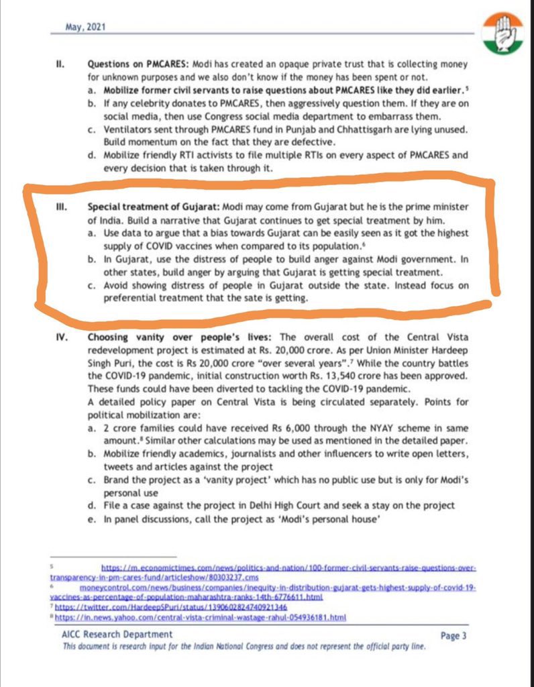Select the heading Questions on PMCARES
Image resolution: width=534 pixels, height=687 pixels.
point(138,65)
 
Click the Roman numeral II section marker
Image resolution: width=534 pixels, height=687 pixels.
point(60,65)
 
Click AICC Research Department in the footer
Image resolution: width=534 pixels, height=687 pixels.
point(118,634)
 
